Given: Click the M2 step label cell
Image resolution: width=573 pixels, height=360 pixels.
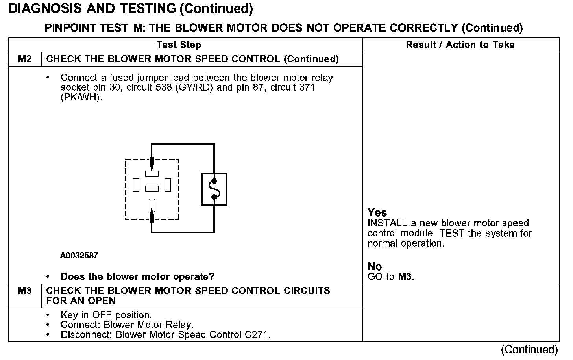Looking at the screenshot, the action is pos(25,59).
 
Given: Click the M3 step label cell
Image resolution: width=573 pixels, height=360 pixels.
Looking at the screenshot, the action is pos(25,291).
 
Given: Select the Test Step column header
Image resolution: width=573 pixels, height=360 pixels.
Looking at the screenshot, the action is pos(179,45).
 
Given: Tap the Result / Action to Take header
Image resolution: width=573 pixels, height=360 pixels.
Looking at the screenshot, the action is pos(460,45).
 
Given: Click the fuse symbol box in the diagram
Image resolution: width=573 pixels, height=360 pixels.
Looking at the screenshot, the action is pos(214,189).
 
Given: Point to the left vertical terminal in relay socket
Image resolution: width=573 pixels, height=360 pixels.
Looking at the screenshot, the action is pos(136,185).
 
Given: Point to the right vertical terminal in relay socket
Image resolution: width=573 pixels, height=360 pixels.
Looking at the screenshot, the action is pos(168,185).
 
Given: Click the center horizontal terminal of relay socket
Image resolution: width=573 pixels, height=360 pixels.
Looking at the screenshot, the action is pos(152,189).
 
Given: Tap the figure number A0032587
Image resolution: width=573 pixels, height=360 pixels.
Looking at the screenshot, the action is pos(79,256).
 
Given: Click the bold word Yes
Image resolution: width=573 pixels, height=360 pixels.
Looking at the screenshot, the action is pos(377,213).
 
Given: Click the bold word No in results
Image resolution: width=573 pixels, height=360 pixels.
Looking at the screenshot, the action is pos(375,267).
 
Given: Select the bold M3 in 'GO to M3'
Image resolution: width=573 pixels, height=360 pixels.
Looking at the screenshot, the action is pos(405,276).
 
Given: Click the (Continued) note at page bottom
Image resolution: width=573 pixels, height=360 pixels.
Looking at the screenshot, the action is pos(529,349).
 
